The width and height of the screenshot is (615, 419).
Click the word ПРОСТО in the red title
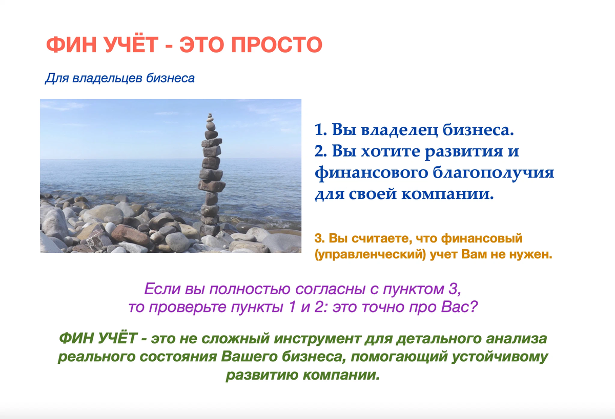point(276,45)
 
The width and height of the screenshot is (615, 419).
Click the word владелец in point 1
point(399,129)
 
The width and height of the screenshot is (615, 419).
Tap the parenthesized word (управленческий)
point(370,255)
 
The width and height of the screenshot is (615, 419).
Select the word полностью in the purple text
point(249,289)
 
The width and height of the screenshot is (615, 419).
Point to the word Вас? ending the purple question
point(460,306)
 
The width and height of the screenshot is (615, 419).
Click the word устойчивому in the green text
point(500,357)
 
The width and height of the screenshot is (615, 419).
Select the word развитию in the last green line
point(262,375)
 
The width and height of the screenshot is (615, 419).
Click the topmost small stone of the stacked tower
point(210,115)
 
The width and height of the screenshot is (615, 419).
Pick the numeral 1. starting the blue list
point(321,130)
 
